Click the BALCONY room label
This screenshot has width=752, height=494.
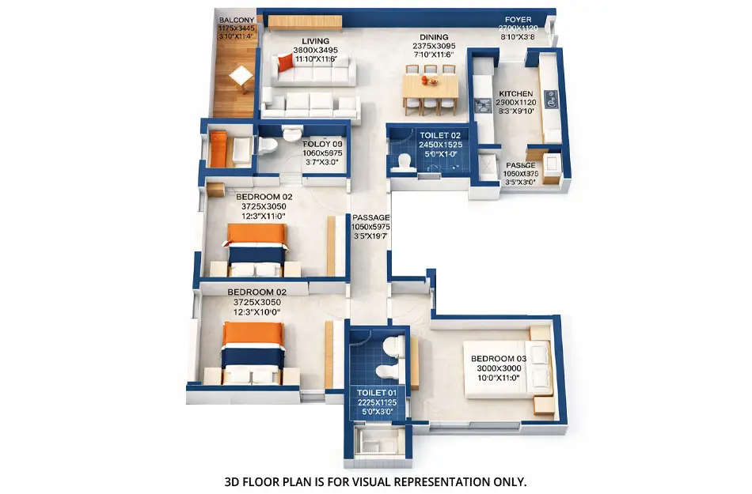pyautogui.click(x=237, y=19)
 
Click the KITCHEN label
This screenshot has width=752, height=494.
pyautogui.click(x=516, y=93)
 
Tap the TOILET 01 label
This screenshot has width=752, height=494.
pyautogui.click(x=376, y=393)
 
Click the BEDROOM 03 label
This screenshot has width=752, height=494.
pyautogui.click(x=498, y=359)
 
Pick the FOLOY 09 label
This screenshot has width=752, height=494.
pyautogui.click(x=322, y=144)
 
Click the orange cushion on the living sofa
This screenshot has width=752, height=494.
pyautogui.click(x=285, y=62)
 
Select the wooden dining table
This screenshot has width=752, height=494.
pyautogui.click(x=430, y=85)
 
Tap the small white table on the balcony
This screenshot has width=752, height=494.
pyautogui.click(x=241, y=76)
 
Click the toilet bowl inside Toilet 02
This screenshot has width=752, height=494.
pyautogui.click(x=404, y=162)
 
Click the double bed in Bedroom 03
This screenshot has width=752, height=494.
pyautogui.click(x=507, y=370)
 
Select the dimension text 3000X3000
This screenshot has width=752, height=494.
pyautogui.click(x=498, y=368)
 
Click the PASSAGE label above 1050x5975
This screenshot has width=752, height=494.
pyautogui.click(x=371, y=217)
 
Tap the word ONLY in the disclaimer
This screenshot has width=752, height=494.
pyautogui.click(x=507, y=481)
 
